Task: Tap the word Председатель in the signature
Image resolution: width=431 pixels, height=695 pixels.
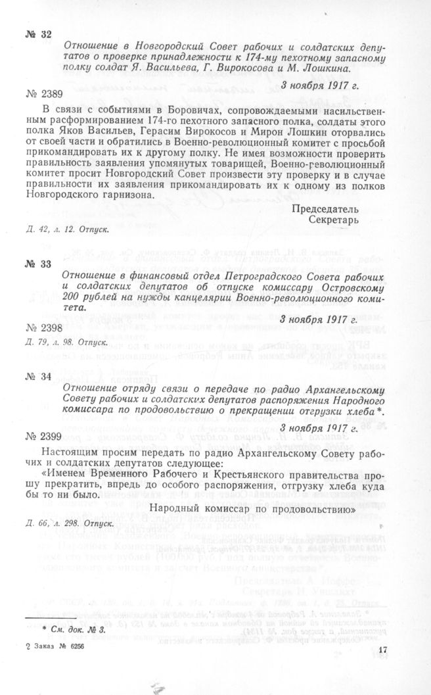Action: click(x=325, y=208)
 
